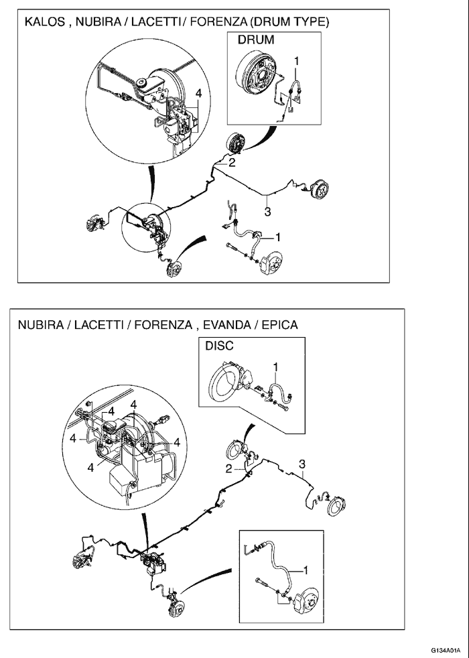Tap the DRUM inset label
[x=256, y=40]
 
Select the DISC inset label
[x=219, y=346]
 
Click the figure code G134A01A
[x=448, y=649]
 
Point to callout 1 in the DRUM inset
[x=297, y=61]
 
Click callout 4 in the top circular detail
[x=198, y=93]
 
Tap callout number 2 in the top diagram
[x=232, y=163]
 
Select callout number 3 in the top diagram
[x=267, y=212]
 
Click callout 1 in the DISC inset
[x=275, y=367]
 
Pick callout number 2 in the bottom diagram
[x=228, y=469]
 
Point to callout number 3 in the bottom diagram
[x=302, y=464]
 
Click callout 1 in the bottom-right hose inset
[x=305, y=570]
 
